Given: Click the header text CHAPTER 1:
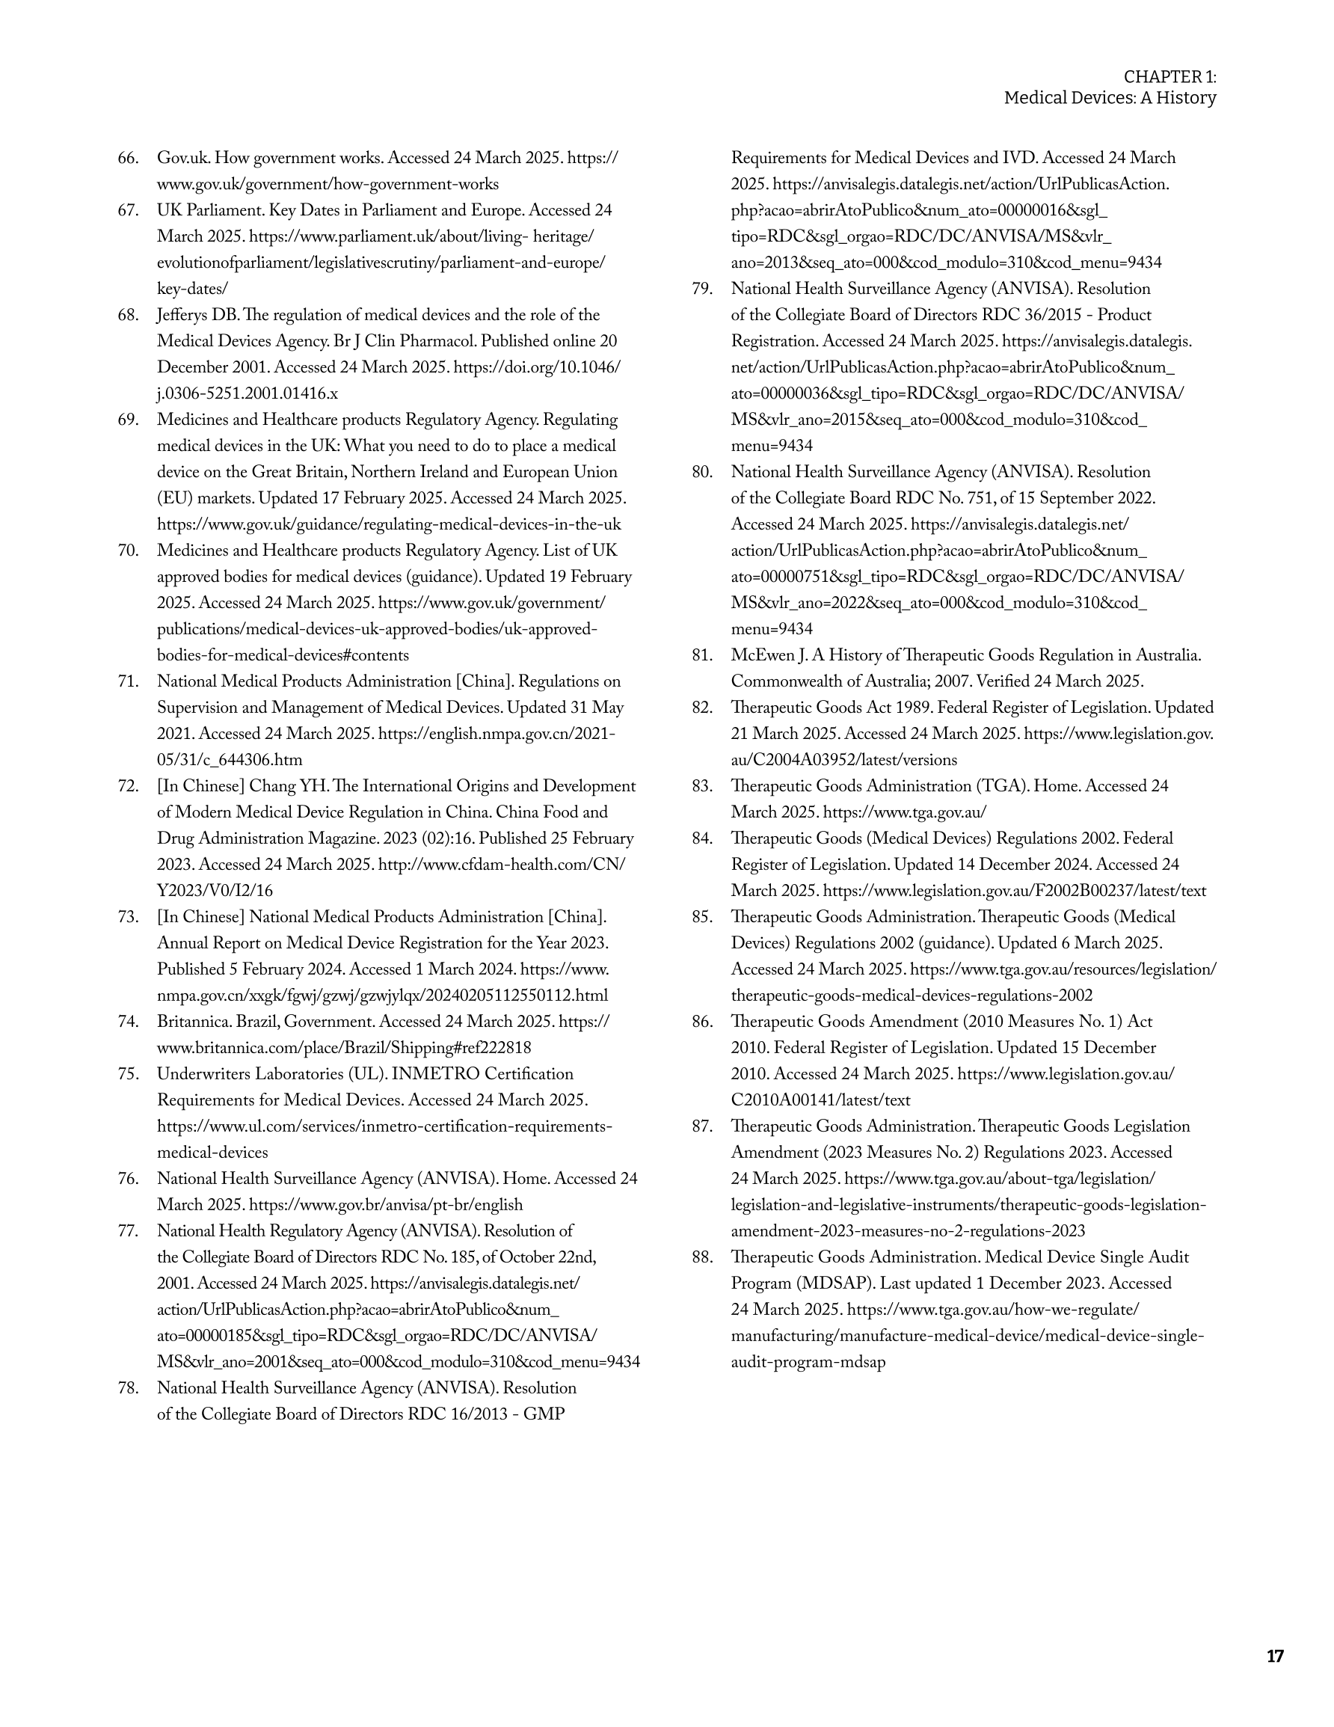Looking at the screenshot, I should [1169, 77].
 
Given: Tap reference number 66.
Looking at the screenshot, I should [128, 158].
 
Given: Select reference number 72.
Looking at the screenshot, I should [128, 787].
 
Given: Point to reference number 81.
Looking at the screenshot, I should [701, 655].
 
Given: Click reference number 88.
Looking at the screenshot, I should [701, 1257].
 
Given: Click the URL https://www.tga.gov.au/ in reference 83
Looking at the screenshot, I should [905, 812].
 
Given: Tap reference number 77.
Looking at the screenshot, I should [128, 1231].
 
